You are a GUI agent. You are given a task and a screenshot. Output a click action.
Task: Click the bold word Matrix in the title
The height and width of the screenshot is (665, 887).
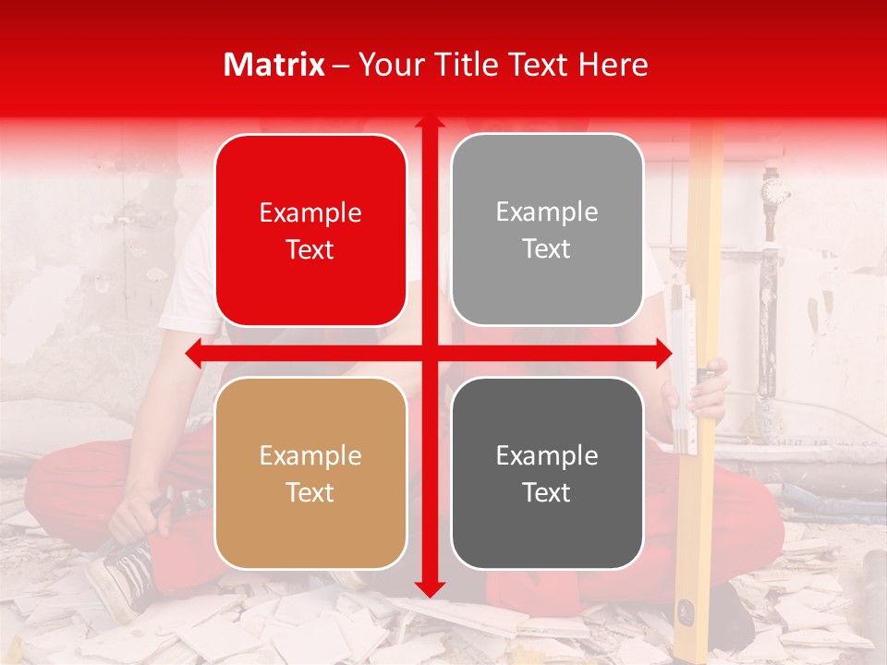[x=274, y=65]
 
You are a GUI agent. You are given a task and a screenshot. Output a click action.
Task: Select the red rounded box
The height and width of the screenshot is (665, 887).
[x=310, y=230]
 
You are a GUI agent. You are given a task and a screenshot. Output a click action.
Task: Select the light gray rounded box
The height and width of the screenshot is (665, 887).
[x=547, y=230]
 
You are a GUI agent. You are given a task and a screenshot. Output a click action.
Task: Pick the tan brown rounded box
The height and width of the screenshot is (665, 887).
[x=310, y=473]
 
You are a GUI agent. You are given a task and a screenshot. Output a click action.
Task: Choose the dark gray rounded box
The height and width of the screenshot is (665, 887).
[x=547, y=473]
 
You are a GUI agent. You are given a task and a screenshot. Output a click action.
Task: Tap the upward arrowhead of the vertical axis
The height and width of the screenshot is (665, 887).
[x=430, y=123]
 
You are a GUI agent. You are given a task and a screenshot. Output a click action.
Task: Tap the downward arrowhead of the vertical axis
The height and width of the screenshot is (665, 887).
[x=430, y=588]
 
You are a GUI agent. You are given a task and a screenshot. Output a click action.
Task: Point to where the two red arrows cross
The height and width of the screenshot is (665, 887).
[x=430, y=354]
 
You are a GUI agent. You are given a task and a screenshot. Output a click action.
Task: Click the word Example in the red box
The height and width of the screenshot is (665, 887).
[x=310, y=213]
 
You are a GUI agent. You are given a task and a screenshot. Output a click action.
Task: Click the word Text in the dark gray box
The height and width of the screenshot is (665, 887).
[x=547, y=492]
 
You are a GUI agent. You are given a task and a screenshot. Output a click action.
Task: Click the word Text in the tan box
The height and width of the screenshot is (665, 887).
[x=310, y=492]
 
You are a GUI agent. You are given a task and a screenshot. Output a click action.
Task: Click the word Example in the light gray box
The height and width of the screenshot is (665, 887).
[x=547, y=212]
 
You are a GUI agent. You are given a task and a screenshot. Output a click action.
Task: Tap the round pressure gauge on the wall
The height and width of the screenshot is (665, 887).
[x=774, y=192]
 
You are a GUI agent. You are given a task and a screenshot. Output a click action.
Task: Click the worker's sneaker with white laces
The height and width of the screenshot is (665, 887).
[x=120, y=577]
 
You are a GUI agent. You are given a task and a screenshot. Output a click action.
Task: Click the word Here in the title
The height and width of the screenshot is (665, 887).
[x=613, y=65]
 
